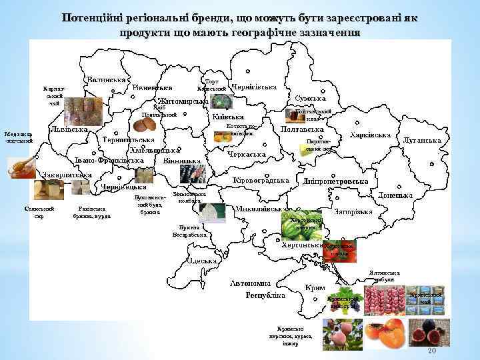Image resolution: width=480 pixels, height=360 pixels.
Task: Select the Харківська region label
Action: point(370,135)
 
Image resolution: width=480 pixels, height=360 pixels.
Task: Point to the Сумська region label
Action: point(310,98)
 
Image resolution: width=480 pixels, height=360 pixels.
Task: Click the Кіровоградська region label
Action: point(261,180)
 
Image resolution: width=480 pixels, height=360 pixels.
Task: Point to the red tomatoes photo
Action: point(340,251)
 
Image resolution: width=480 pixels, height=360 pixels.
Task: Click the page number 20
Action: point(431,351)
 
